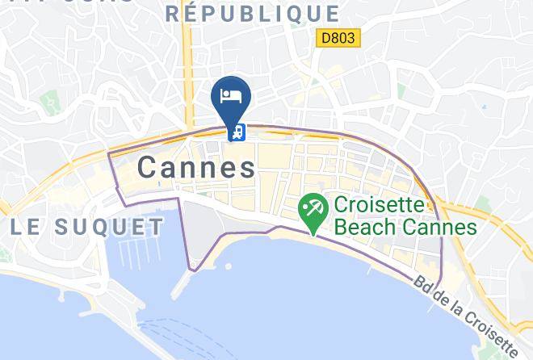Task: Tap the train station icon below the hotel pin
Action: point(238,132)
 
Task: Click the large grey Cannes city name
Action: point(196,167)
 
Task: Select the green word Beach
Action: point(369,227)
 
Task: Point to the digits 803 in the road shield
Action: point(345,38)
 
